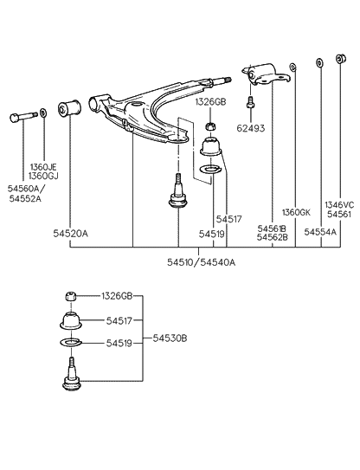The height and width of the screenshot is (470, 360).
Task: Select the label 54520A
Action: tap(70, 234)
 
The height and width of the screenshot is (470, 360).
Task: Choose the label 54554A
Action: tap(320, 233)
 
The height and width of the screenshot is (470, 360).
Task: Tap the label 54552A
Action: tap(25, 197)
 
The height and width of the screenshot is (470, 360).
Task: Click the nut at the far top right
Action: tap(341, 60)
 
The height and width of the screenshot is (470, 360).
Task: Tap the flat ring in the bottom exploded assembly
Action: tap(71, 345)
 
